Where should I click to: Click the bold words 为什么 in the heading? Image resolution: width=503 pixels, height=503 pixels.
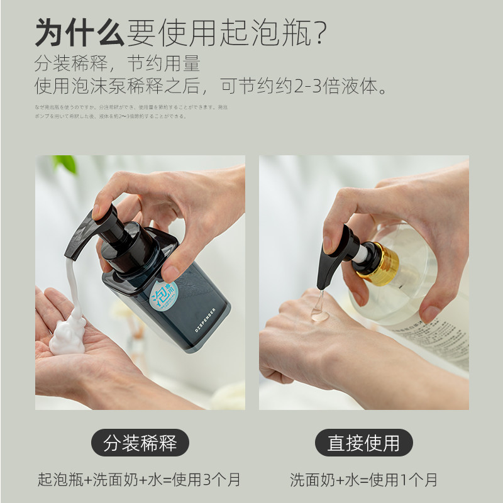(x=80, y=33)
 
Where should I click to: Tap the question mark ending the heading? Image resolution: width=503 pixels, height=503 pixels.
(x=319, y=33)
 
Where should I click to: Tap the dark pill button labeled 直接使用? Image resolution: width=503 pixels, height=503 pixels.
(x=363, y=443)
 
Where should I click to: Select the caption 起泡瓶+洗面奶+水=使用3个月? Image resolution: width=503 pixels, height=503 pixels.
(x=139, y=480)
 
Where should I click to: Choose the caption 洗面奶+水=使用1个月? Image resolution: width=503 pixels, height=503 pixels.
(x=363, y=480)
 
